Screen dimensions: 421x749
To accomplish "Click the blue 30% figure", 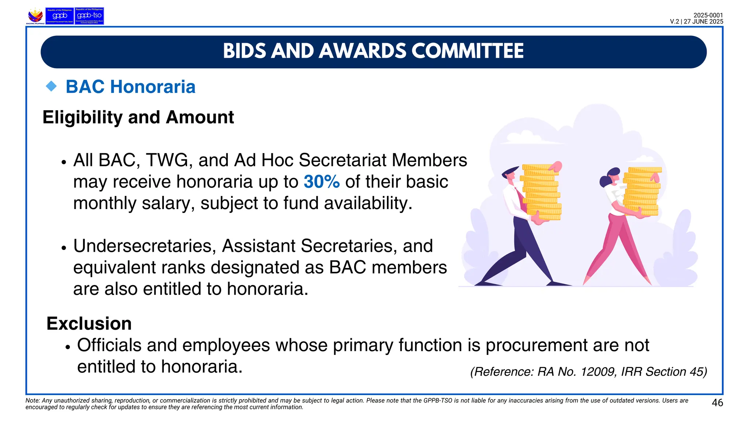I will (321, 182).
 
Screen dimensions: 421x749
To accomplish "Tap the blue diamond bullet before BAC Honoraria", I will (52, 87).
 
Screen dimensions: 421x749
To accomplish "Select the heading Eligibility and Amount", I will (138, 117).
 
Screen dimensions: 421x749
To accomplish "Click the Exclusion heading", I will (89, 324).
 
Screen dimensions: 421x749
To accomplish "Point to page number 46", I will (717, 403).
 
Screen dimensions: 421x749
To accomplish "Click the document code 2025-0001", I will (708, 15).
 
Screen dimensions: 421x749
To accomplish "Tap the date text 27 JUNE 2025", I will (703, 22).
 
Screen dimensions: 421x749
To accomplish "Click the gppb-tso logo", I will (89, 16).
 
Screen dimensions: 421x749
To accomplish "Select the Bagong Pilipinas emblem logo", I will (35, 16).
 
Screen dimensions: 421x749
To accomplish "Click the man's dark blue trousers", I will (523, 249).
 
